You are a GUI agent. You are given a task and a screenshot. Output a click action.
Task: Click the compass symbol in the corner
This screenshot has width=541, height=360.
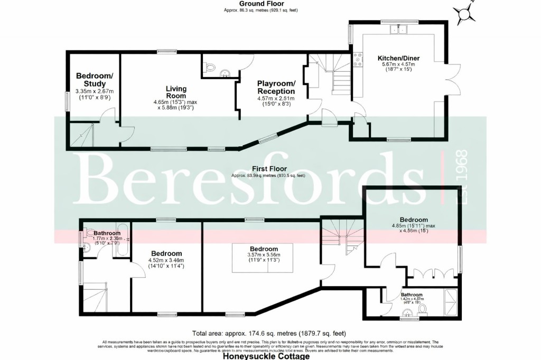465,13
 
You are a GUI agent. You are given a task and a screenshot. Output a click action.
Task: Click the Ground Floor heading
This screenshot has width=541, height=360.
261,4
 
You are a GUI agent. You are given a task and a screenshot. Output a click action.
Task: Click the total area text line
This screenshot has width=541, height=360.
269,333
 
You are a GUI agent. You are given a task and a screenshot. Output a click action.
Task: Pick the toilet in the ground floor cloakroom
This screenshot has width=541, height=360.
210,67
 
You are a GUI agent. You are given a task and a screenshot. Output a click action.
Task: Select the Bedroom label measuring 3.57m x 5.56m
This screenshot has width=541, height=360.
264,249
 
